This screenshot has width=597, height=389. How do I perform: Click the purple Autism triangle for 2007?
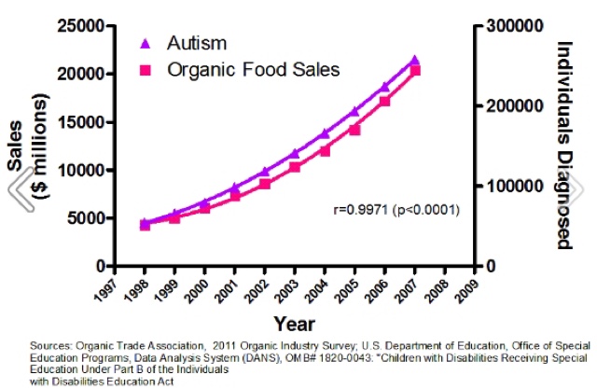(x=415, y=61)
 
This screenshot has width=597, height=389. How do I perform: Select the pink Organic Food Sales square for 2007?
(x=415, y=71)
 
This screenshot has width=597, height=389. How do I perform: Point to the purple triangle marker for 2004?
(x=325, y=134)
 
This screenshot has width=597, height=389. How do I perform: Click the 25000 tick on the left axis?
(x=79, y=26)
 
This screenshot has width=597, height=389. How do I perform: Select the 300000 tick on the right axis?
(x=514, y=26)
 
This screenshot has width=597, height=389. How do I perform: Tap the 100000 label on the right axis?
(x=514, y=187)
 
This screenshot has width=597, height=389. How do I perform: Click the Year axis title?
(x=293, y=323)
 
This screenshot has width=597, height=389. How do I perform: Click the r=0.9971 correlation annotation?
(x=398, y=209)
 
